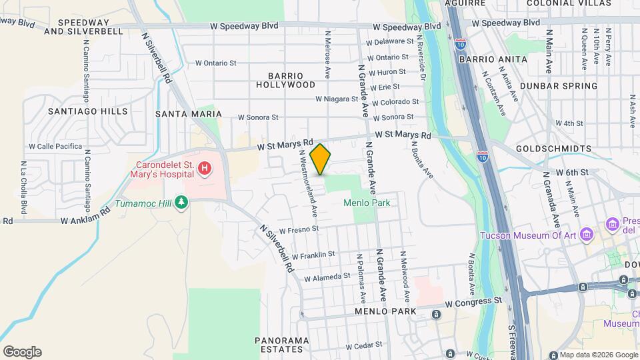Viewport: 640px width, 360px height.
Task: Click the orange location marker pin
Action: (321, 159)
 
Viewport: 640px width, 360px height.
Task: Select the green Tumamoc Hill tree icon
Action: (181, 202)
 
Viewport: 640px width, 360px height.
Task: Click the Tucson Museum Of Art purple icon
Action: (587, 234)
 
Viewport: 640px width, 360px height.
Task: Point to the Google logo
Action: (22, 351)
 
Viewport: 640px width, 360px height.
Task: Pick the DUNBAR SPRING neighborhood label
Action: (559, 86)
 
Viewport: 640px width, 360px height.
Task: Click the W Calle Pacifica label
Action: (59, 146)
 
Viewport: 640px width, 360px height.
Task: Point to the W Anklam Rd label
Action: (85, 218)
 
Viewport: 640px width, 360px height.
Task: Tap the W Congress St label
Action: (473, 301)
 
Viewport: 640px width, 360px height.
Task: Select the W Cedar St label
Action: (363, 345)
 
